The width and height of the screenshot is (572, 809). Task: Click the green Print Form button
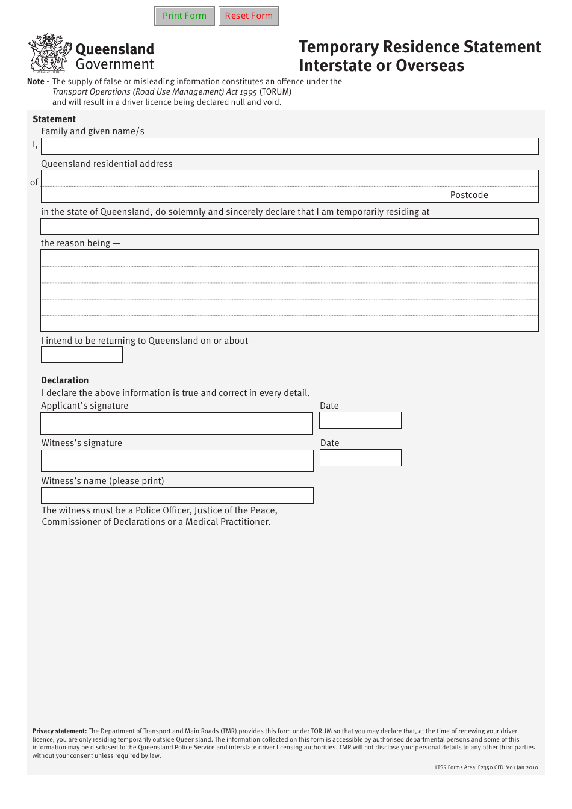point(184,16)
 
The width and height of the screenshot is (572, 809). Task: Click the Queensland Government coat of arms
point(49,54)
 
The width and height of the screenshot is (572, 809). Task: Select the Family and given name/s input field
point(290,146)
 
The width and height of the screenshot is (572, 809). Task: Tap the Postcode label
point(469,195)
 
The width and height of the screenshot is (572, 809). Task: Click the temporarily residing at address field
point(290,226)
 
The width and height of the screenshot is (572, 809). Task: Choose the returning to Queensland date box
point(82,355)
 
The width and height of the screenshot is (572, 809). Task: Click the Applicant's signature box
point(176,423)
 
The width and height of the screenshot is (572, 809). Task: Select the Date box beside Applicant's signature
point(360,420)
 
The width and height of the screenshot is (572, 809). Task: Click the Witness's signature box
point(177,461)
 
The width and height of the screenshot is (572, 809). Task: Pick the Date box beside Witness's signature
point(360,458)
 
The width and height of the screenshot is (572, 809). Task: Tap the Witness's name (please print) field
point(177,495)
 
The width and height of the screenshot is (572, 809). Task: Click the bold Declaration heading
point(65,380)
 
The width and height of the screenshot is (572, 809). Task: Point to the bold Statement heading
point(54,119)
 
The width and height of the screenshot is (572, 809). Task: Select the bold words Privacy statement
point(60,731)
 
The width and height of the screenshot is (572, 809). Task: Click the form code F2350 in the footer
point(485,767)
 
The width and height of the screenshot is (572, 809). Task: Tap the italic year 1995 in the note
point(248,92)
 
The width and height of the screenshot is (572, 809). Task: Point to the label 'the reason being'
point(76,243)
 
